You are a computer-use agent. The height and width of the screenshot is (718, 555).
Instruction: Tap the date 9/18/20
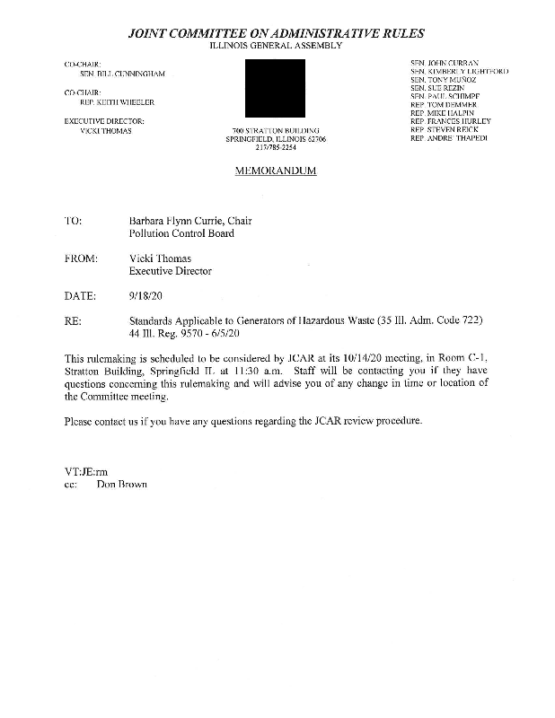click(146, 295)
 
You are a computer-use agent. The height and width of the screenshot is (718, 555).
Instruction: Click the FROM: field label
click(81, 258)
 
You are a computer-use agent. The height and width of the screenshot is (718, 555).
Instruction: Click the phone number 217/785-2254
click(276, 148)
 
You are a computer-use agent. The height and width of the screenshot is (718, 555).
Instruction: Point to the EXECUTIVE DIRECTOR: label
click(104, 120)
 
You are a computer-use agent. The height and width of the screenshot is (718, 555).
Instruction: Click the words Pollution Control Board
click(181, 233)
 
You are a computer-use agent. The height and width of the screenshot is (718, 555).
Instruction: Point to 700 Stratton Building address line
click(276, 131)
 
